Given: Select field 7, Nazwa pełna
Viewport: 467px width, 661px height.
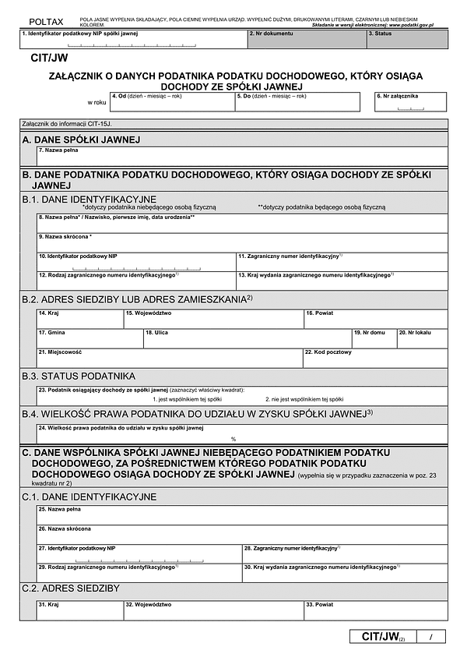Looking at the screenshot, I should click(241, 156).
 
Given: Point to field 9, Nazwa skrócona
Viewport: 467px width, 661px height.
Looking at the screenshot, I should click(241, 242).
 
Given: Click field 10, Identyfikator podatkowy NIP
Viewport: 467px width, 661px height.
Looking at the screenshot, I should click(135, 262).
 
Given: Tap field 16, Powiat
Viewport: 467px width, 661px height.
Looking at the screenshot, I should click(375, 319).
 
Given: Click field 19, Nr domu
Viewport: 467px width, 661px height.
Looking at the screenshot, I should click(374, 338).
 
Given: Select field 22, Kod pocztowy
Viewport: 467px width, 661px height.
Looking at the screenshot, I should click(375, 358).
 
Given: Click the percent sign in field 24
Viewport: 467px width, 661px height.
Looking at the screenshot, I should click(233, 439).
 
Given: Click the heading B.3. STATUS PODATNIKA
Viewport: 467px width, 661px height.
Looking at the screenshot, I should click(79, 376).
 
